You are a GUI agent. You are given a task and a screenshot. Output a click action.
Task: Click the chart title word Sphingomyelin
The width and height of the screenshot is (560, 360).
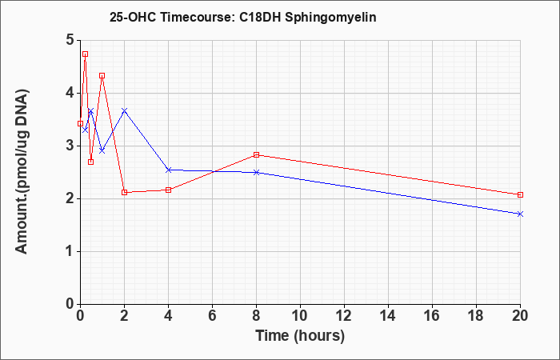(x=330, y=18)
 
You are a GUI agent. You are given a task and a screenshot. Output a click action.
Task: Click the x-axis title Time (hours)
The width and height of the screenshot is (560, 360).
(x=300, y=336)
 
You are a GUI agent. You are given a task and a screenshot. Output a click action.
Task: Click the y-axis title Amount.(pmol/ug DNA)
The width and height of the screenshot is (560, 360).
(x=22, y=171)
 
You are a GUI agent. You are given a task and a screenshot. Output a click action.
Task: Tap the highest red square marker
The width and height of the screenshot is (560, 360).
(x=85, y=54)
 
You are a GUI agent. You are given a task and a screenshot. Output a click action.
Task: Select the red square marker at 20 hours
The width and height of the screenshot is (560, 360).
(x=520, y=194)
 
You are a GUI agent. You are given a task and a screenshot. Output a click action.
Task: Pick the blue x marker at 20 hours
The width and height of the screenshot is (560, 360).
(x=520, y=214)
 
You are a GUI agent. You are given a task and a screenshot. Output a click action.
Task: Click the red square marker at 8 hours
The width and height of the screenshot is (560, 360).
(x=257, y=154)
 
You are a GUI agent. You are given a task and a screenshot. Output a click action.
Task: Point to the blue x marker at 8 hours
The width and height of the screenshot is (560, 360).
(x=257, y=173)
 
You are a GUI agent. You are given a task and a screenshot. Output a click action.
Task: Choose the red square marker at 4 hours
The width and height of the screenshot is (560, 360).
(x=169, y=190)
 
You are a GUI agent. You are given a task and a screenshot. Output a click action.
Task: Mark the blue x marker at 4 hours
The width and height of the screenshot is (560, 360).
(x=169, y=170)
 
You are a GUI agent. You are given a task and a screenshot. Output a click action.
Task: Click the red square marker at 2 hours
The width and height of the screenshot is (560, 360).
(x=124, y=193)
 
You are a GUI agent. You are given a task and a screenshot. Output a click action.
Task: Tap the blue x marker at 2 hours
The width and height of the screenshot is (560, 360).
(x=124, y=110)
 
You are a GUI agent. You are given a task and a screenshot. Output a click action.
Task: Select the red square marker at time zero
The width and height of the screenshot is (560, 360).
(x=80, y=123)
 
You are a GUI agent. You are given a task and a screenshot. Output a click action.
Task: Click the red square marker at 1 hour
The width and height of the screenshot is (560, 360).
(x=102, y=76)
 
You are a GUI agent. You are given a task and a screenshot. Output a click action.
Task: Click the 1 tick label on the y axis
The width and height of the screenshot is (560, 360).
(x=70, y=252)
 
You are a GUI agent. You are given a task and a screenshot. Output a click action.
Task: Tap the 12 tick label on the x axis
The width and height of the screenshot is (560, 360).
(x=344, y=316)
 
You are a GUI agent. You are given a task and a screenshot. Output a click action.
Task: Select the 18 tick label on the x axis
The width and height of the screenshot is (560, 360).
(x=476, y=316)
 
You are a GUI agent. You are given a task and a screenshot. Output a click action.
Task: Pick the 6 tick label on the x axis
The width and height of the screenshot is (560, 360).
(x=213, y=316)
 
